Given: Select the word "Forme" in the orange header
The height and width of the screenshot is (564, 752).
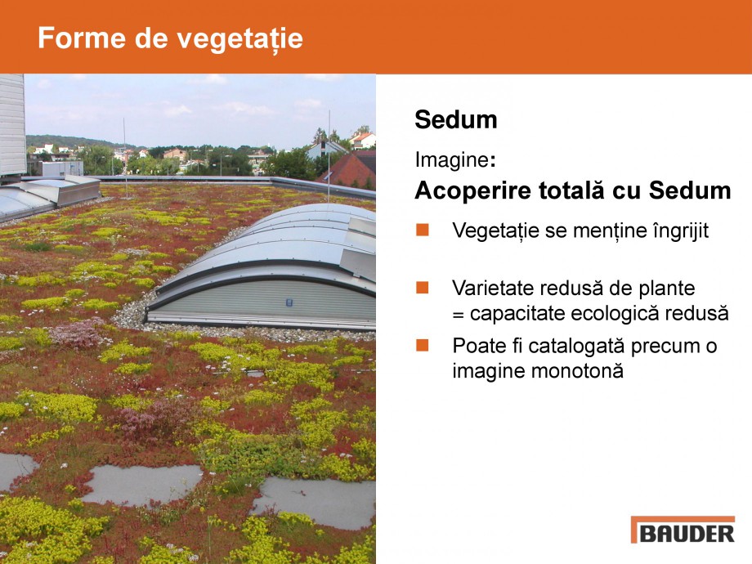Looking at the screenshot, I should pos(76,38).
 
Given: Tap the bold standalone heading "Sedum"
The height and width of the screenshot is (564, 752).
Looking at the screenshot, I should pos(456,120).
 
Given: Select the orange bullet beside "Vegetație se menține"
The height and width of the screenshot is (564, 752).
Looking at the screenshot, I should pos(423,230).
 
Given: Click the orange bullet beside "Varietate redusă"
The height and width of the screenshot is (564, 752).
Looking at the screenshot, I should pos(423,287).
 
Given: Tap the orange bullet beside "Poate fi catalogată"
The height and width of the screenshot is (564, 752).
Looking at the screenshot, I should pos(423,345).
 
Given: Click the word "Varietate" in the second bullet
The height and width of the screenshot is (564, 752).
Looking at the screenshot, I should pos(490,288).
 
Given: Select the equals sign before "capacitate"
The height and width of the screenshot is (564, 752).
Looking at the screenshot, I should pos(458,314).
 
